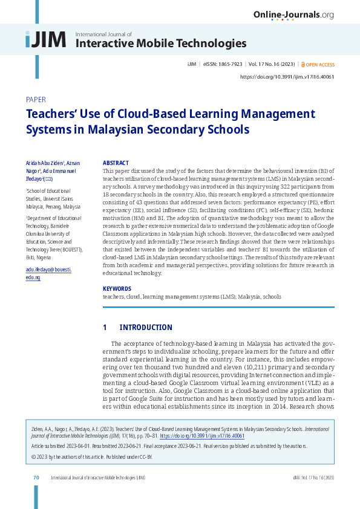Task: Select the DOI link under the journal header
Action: (287, 77)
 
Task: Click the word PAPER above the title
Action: (36, 99)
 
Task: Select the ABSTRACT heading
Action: (116, 163)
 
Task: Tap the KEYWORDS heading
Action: (117, 289)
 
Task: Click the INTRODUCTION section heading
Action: (146, 328)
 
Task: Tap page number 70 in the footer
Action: (36, 478)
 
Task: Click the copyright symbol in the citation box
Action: (33, 457)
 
